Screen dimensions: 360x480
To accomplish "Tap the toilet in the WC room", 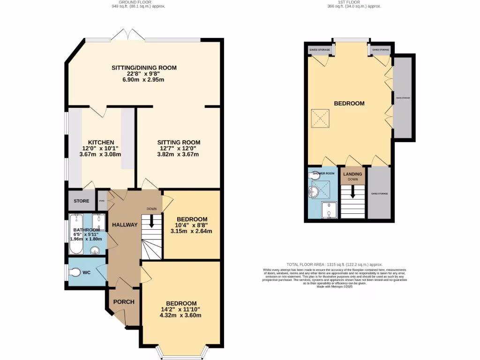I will (x=76, y=272).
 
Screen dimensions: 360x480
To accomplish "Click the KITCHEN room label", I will (x=101, y=142).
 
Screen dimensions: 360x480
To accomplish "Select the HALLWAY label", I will (x=125, y=225).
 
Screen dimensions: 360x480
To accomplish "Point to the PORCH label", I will (x=124, y=302).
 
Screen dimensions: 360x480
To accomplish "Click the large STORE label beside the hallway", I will (x=81, y=201).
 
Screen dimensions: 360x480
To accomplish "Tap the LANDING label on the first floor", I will (x=352, y=174).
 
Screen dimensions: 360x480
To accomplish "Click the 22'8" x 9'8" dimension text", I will (x=144, y=74).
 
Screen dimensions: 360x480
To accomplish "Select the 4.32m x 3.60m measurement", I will (x=180, y=315).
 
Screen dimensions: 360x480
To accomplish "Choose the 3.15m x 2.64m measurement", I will (x=191, y=231).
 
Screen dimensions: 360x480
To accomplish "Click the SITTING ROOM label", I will (x=179, y=142).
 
